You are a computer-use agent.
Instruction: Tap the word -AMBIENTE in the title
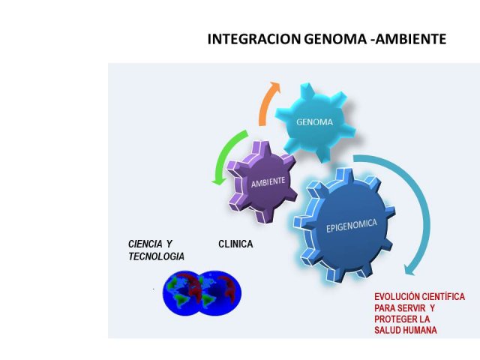[408, 39]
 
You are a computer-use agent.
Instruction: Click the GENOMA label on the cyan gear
[314, 122]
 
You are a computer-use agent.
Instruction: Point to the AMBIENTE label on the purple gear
[268, 181]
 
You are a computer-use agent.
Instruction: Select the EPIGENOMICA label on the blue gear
[351, 226]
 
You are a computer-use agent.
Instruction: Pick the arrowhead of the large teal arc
[410, 270]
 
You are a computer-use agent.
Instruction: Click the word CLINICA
[235, 244]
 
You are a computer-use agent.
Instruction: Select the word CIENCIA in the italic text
[145, 244]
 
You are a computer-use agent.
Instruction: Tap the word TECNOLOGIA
[157, 256]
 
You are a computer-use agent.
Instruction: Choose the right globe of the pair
[221, 293]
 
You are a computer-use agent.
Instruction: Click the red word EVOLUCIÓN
[395, 297]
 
